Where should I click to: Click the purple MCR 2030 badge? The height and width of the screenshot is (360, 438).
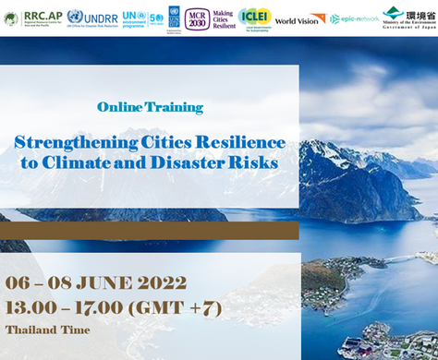pyautogui.click(x=196, y=18)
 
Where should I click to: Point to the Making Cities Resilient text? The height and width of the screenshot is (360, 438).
pyautogui.click(x=224, y=18)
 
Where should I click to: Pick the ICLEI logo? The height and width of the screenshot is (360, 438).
pyautogui.click(x=254, y=17)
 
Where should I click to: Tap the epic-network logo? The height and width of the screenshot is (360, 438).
pyautogui.click(x=354, y=18)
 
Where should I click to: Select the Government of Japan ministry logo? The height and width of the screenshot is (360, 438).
pyautogui.click(x=406, y=17)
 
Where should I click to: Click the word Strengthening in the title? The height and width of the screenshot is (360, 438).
pyautogui.click(x=71, y=143)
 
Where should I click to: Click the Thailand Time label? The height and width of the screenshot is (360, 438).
pyautogui.click(x=47, y=330)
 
